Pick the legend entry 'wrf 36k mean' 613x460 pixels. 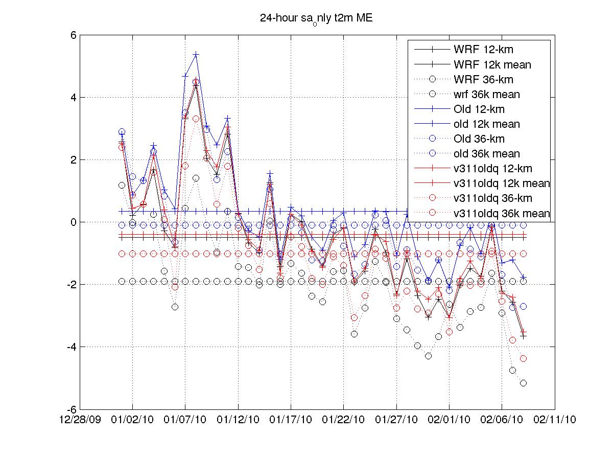(486, 94)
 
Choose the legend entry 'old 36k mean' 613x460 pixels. (486, 153)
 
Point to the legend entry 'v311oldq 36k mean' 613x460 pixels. (501, 213)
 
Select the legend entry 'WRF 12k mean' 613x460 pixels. (492, 64)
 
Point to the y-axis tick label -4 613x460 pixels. (71, 347)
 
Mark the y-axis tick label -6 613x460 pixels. (71, 409)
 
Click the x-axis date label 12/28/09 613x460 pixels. (80, 420)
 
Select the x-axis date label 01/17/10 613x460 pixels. (291, 420)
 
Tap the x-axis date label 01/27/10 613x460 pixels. (396, 420)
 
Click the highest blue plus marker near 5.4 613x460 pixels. (196, 54)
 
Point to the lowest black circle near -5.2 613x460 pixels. (523, 383)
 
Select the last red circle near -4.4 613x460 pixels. (523, 359)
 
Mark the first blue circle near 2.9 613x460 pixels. (122, 132)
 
